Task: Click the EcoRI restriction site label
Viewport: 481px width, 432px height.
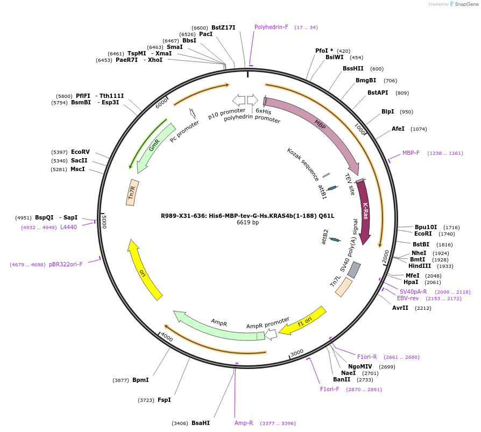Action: pyautogui.click(x=423, y=234)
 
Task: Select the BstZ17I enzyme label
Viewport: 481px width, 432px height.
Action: pyautogui.click(x=223, y=27)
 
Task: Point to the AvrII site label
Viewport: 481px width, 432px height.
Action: pyautogui.click(x=400, y=308)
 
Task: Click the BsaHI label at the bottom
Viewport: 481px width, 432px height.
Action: pyautogui.click(x=201, y=423)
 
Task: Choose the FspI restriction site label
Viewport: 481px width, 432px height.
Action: pyautogui.click(x=164, y=400)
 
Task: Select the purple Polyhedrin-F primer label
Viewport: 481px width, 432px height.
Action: pyautogui.click(x=271, y=27)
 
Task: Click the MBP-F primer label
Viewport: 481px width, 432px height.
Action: pyautogui.click(x=411, y=153)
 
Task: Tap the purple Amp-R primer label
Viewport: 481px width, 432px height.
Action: pyautogui.click(x=244, y=423)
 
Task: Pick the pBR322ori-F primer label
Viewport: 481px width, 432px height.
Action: pyautogui.click(x=66, y=264)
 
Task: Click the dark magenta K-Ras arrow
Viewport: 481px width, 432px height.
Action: pyautogui.click(x=364, y=211)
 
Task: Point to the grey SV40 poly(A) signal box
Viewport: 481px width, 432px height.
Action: pyautogui.click(x=354, y=269)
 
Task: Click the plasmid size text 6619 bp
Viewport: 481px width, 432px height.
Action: pyautogui.click(x=247, y=223)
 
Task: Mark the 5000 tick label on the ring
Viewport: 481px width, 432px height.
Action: pyautogui.click(x=105, y=222)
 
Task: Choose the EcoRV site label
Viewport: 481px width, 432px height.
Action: pyautogui.click(x=80, y=152)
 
